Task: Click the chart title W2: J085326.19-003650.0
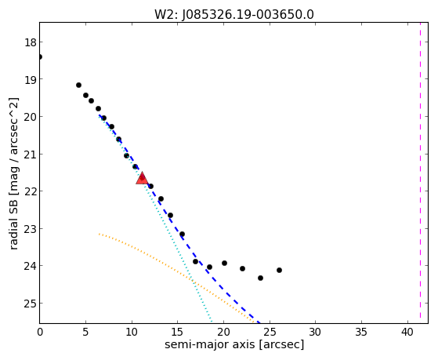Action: [234, 14]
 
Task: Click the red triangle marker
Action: [142, 179]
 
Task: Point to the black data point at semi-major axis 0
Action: [40, 56]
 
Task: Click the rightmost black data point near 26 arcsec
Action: [280, 271]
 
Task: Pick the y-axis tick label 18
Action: [30, 42]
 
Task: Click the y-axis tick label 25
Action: [30, 304]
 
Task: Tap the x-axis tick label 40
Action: [407, 332]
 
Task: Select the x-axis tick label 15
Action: [178, 332]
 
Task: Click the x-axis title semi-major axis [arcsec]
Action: [234, 344]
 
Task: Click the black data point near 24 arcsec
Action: [261, 278]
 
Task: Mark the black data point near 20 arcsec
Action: [224, 264]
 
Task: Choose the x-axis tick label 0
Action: [40, 332]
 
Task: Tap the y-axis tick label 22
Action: [30, 191]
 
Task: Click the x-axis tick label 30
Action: [315, 332]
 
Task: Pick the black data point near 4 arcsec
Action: [79, 85]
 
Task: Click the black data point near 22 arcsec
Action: [242, 269]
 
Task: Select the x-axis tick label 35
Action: [361, 332]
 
